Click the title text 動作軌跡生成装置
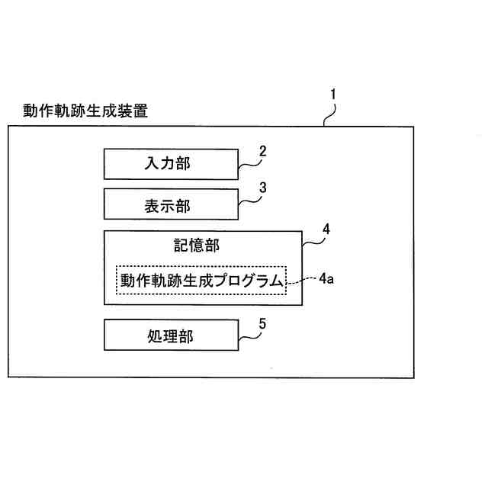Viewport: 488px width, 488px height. (85, 111)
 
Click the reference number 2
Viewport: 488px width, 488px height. (262, 151)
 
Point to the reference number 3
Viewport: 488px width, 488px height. (262, 187)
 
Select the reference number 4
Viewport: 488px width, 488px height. (326, 228)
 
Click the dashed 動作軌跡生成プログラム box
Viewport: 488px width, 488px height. (201, 281)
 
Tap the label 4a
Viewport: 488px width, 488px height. (326, 278)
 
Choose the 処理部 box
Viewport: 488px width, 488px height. (170, 336)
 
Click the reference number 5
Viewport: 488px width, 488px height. (262, 323)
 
